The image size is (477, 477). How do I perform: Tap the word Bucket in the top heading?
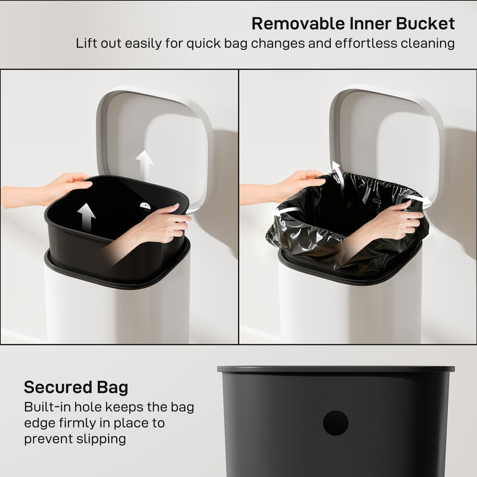point(427,23)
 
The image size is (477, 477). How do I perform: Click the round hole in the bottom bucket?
point(336,423)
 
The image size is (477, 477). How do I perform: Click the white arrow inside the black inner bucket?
point(86,217)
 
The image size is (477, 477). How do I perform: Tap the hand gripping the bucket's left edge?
point(69,185)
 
